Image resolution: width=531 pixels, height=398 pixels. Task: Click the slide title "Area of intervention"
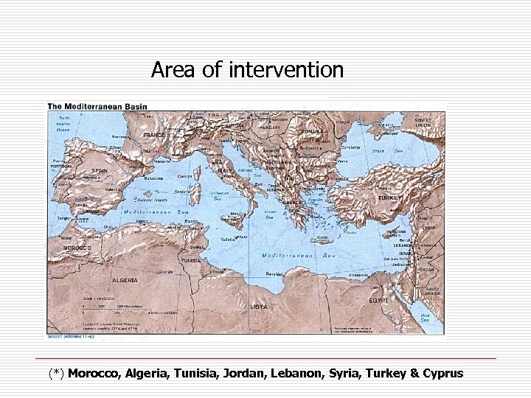point(247,70)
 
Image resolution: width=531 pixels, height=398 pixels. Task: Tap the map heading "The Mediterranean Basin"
point(97,106)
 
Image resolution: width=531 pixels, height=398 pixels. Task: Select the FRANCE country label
point(154,136)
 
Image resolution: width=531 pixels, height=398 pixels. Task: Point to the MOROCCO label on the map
point(76,248)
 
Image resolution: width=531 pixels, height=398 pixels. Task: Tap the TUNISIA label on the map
point(190,260)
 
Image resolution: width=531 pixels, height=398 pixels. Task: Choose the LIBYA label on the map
point(259,305)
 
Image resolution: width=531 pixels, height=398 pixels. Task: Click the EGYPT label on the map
point(377,301)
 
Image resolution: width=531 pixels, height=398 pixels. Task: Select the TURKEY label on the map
point(387,198)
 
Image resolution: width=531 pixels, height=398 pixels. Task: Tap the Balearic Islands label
point(150,200)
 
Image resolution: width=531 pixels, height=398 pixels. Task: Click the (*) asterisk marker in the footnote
point(57,373)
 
